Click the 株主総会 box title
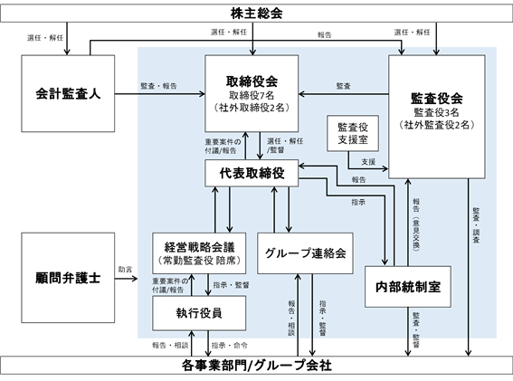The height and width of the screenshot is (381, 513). (x=257, y=14)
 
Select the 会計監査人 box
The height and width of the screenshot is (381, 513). (x=68, y=93)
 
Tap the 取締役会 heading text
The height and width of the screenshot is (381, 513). (x=252, y=81)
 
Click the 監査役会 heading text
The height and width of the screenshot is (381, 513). (x=437, y=99)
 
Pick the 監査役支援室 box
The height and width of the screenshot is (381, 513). (x=353, y=133)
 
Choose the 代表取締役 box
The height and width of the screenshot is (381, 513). (x=252, y=173)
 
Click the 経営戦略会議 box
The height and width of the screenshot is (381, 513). (x=199, y=253)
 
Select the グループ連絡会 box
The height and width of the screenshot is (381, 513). (x=305, y=253)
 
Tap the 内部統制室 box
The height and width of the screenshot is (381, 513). (x=408, y=287)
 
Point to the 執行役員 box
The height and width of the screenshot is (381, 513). (x=199, y=313)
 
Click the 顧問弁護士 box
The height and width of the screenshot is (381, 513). (x=68, y=278)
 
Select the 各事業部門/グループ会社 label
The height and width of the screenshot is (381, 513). (x=257, y=366)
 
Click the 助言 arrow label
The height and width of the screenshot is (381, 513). (x=125, y=270)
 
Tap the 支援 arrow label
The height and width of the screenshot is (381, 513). (x=368, y=162)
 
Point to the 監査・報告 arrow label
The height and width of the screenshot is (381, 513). (x=158, y=86)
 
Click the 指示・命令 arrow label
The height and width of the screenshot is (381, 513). (x=229, y=346)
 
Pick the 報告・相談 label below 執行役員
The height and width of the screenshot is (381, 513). (x=170, y=346)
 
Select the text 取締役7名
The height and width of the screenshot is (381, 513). (x=252, y=96)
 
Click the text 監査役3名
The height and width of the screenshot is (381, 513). (x=437, y=112)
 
